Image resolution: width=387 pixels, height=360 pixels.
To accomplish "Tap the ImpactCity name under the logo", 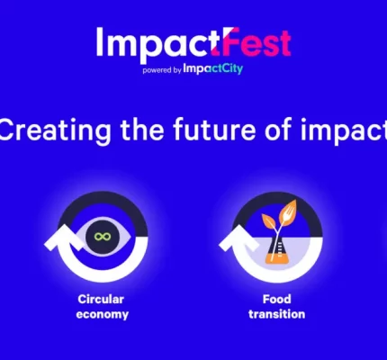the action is (x=212, y=68).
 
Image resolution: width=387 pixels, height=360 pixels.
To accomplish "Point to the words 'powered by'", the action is (x=162, y=70).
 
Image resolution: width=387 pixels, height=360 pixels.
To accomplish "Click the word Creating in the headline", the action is (x=55, y=130).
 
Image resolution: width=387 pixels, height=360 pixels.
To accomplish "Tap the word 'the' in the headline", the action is (x=142, y=130).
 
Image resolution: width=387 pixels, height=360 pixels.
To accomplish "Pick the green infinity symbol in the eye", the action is (x=103, y=237).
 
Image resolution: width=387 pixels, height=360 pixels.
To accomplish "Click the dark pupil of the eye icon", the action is (x=103, y=237).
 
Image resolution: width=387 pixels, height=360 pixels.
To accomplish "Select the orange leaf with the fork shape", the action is (x=287, y=211).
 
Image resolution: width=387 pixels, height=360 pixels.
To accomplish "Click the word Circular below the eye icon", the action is (x=101, y=299).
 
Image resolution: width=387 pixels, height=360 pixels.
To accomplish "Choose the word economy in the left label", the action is (x=103, y=315).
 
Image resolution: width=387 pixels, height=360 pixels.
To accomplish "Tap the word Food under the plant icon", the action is (x=277, y=299).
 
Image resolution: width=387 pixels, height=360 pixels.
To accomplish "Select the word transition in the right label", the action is (x=277, y=314).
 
